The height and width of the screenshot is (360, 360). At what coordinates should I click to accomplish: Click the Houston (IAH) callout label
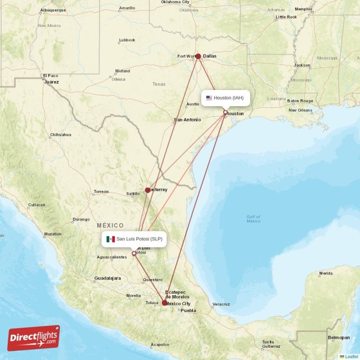pos(225,98)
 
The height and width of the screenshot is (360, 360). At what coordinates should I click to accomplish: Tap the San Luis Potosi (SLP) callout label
pos(134,239)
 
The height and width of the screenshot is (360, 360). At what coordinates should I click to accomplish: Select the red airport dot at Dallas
pos(198,56)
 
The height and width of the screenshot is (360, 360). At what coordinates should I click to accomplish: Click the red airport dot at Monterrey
pos(148,190)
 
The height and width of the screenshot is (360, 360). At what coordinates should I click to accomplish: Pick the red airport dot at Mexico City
pos(164,303)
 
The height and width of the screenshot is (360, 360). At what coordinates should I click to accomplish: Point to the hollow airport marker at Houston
pos(225,112)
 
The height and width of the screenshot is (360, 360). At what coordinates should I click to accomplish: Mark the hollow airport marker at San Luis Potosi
pos(134,253)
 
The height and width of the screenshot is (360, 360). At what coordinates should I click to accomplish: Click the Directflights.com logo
pos(34,338)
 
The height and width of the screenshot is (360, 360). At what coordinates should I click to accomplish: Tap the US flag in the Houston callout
pos(209,98)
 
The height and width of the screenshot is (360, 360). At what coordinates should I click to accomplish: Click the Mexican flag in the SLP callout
pos(110,239)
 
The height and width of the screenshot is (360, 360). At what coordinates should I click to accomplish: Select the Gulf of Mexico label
pos(253,219)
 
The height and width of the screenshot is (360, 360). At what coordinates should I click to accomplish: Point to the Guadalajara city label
pos(107,278)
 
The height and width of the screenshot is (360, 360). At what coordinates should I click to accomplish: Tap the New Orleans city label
pos(300,110)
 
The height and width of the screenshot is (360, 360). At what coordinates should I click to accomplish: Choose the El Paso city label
pos(50,76)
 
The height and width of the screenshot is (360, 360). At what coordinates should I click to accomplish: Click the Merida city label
pos(326,273)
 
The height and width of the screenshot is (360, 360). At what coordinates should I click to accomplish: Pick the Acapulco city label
pos(160,345)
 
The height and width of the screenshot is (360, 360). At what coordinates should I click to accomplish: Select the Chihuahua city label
pos(60,135)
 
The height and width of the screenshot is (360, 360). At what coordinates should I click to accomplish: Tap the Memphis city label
pos(303,9)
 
